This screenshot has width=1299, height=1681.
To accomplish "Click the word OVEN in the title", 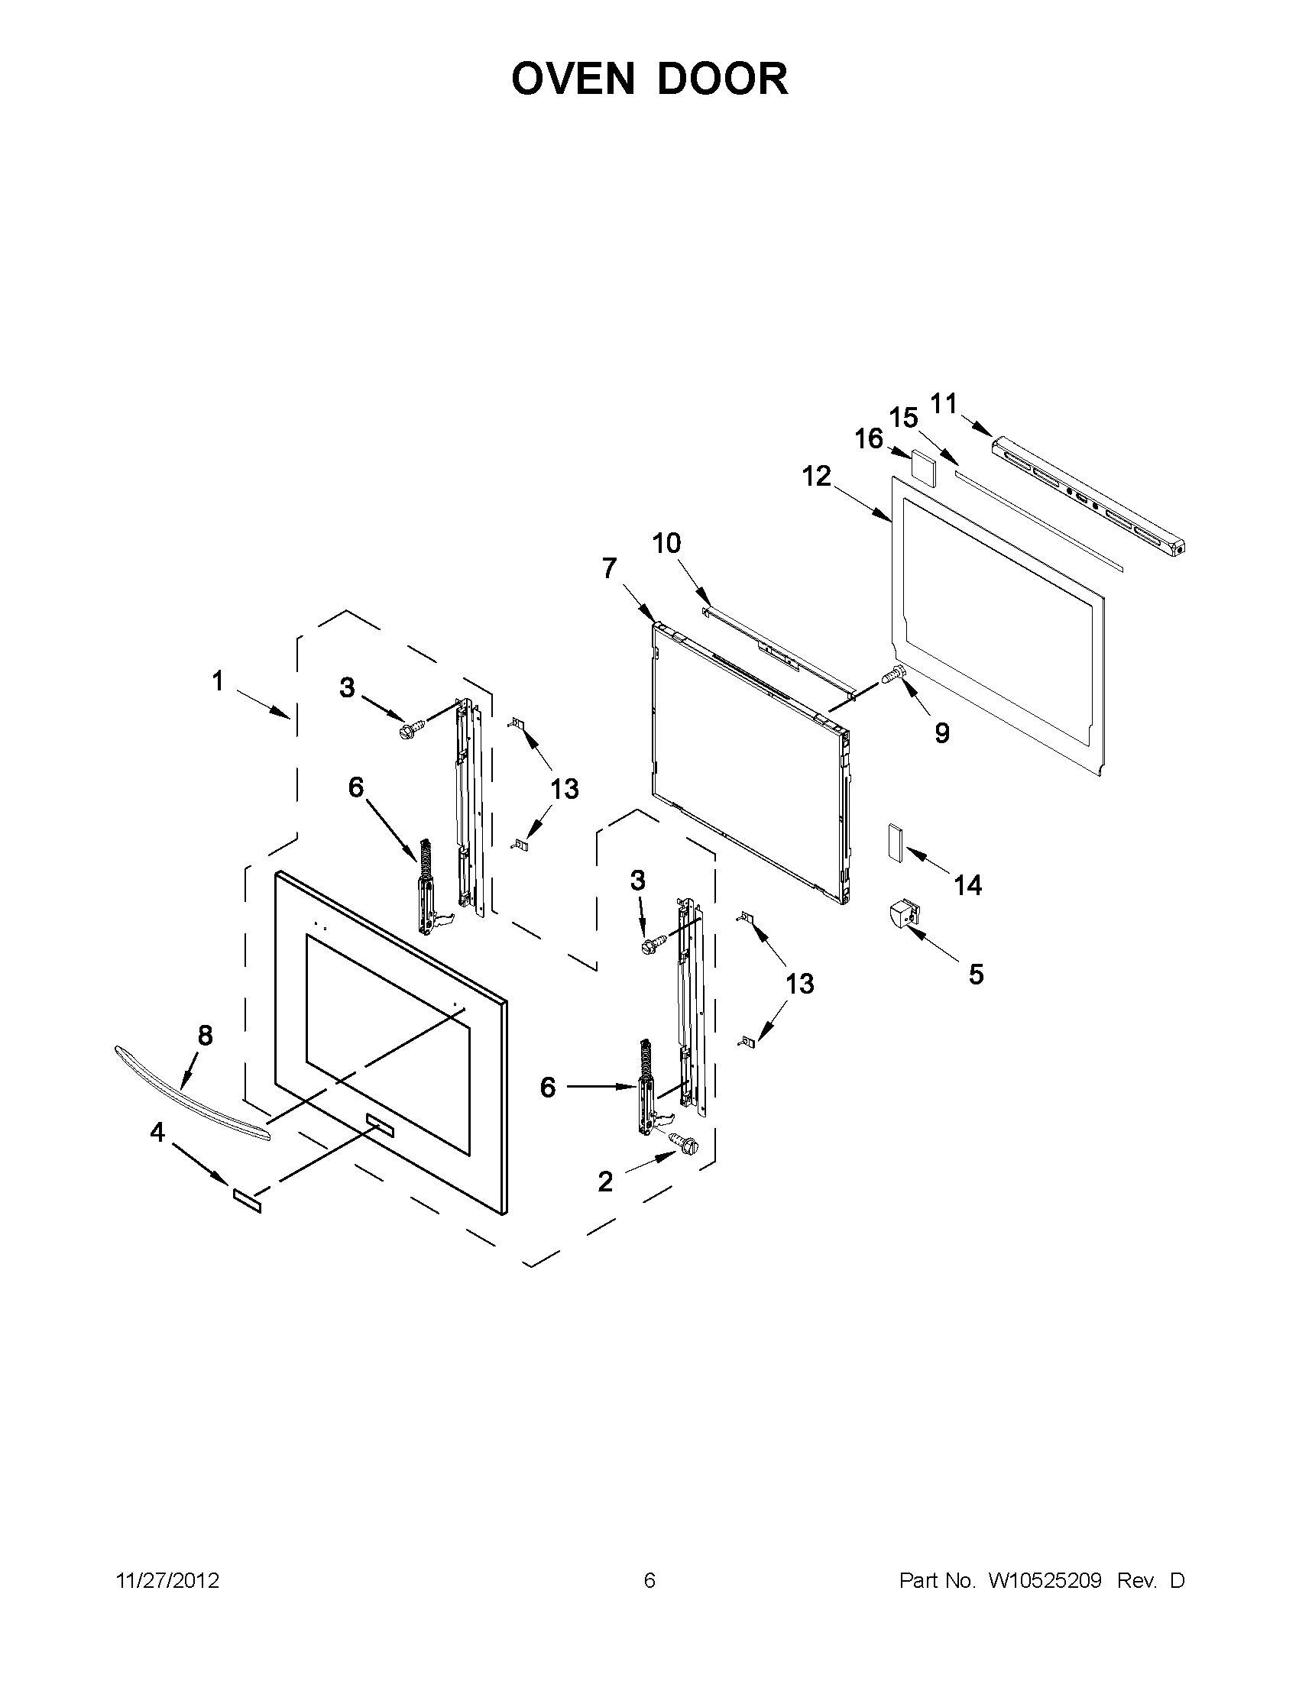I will (575, 79).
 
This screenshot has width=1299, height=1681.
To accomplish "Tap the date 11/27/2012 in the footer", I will (167, 1580).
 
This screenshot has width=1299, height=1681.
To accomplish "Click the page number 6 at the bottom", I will (649, 1580).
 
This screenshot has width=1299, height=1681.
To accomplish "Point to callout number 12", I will (817, 477).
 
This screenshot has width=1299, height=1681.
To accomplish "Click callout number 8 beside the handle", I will (205, 1036).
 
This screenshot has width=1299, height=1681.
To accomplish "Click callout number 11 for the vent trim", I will (943, 402).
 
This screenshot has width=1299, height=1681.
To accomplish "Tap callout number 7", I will (609, 569).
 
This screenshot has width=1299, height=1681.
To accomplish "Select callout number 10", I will (667, 543).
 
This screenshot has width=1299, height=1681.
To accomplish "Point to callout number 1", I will (218, 681).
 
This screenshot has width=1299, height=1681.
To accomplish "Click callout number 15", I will (904, 418).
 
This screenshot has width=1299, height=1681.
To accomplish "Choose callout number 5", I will (976, 975).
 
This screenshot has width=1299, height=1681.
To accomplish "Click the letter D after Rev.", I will (1178, 1580).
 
